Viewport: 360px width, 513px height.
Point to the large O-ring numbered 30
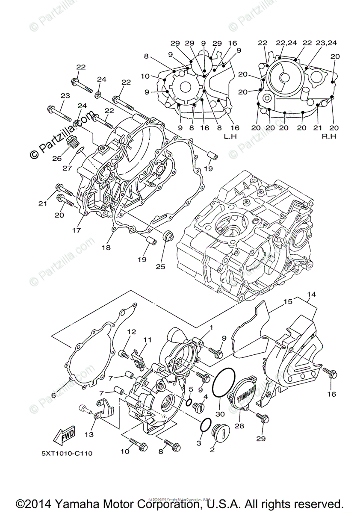[x=224, y=380]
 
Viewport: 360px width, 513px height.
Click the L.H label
[x=230, y=136]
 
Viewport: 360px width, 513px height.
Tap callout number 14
[x=311, y=295]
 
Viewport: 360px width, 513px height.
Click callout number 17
[x=76, y=230]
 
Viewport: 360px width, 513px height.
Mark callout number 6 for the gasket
[x=53, y=395]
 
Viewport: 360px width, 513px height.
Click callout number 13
[x=89, y=435]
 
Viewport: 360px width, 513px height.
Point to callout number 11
[x=148, y=340]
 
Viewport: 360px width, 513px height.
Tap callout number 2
[x=212, y=449]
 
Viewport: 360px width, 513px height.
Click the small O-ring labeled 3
[x=206, y=425]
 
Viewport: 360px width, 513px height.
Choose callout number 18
[x=106, y=248]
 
